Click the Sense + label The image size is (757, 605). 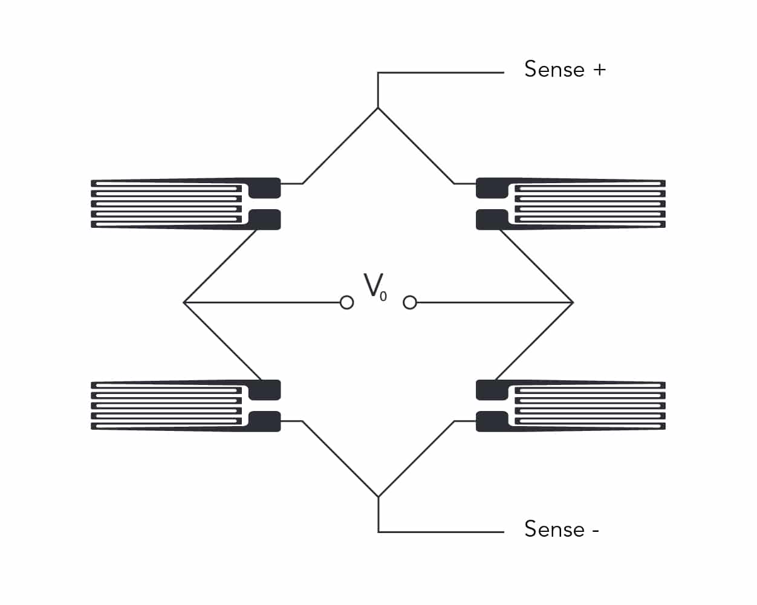tap(565, 69)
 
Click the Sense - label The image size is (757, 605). tap(562, 528)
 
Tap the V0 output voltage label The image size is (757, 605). tap(375, 287)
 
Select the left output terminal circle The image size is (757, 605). tap(347, 302)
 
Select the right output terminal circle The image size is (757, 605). tap(410, 302)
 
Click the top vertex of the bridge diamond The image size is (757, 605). tap(378, 108)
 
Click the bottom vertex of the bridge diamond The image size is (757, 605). tap(378, 497)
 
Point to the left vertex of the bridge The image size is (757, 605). tap(184, 302)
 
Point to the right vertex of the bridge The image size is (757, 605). tap(573, 302)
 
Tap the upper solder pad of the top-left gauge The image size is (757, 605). tap(265, 188)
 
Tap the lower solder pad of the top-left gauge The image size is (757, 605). tap(265, 219)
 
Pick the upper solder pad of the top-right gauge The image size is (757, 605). tap(492, 188)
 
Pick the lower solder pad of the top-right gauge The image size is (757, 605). tap(492, 219)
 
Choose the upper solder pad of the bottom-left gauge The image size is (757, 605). tap(265, 390)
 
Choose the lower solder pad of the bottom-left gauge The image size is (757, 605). tap(265, 421)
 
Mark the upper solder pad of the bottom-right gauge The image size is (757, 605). tap(492, 390)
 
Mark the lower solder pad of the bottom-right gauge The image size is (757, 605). tap(492, 421)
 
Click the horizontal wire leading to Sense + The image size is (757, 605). tap(441, 73)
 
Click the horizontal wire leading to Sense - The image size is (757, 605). tap(441, 532)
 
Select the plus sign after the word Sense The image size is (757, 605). tap(599, 70)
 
